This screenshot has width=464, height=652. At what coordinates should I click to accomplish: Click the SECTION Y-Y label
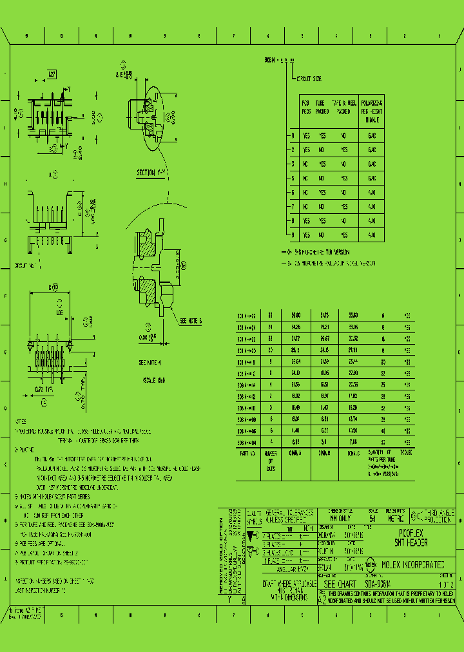pyautogui.click(x=152, y=173)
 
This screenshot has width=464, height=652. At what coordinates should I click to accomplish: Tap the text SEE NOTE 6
pyautogui.click(x=191, y=320)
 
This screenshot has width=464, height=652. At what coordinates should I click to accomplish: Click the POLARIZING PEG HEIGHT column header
pyautogui.click(x=371, y=111)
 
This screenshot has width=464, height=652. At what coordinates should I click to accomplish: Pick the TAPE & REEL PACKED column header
pyautogui.click(x=344, y=107)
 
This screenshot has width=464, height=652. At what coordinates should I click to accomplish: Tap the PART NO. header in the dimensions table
pyautogui.click(x=247, y=453)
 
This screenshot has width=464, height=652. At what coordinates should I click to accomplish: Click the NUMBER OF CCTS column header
pyautogui.click(x=270, y=461)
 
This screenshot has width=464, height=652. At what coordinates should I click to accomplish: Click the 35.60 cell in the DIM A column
pyautogui.click(x=296, y=316)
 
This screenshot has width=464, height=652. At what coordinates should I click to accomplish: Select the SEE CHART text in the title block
pyautogui.click(x=337, y=581)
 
